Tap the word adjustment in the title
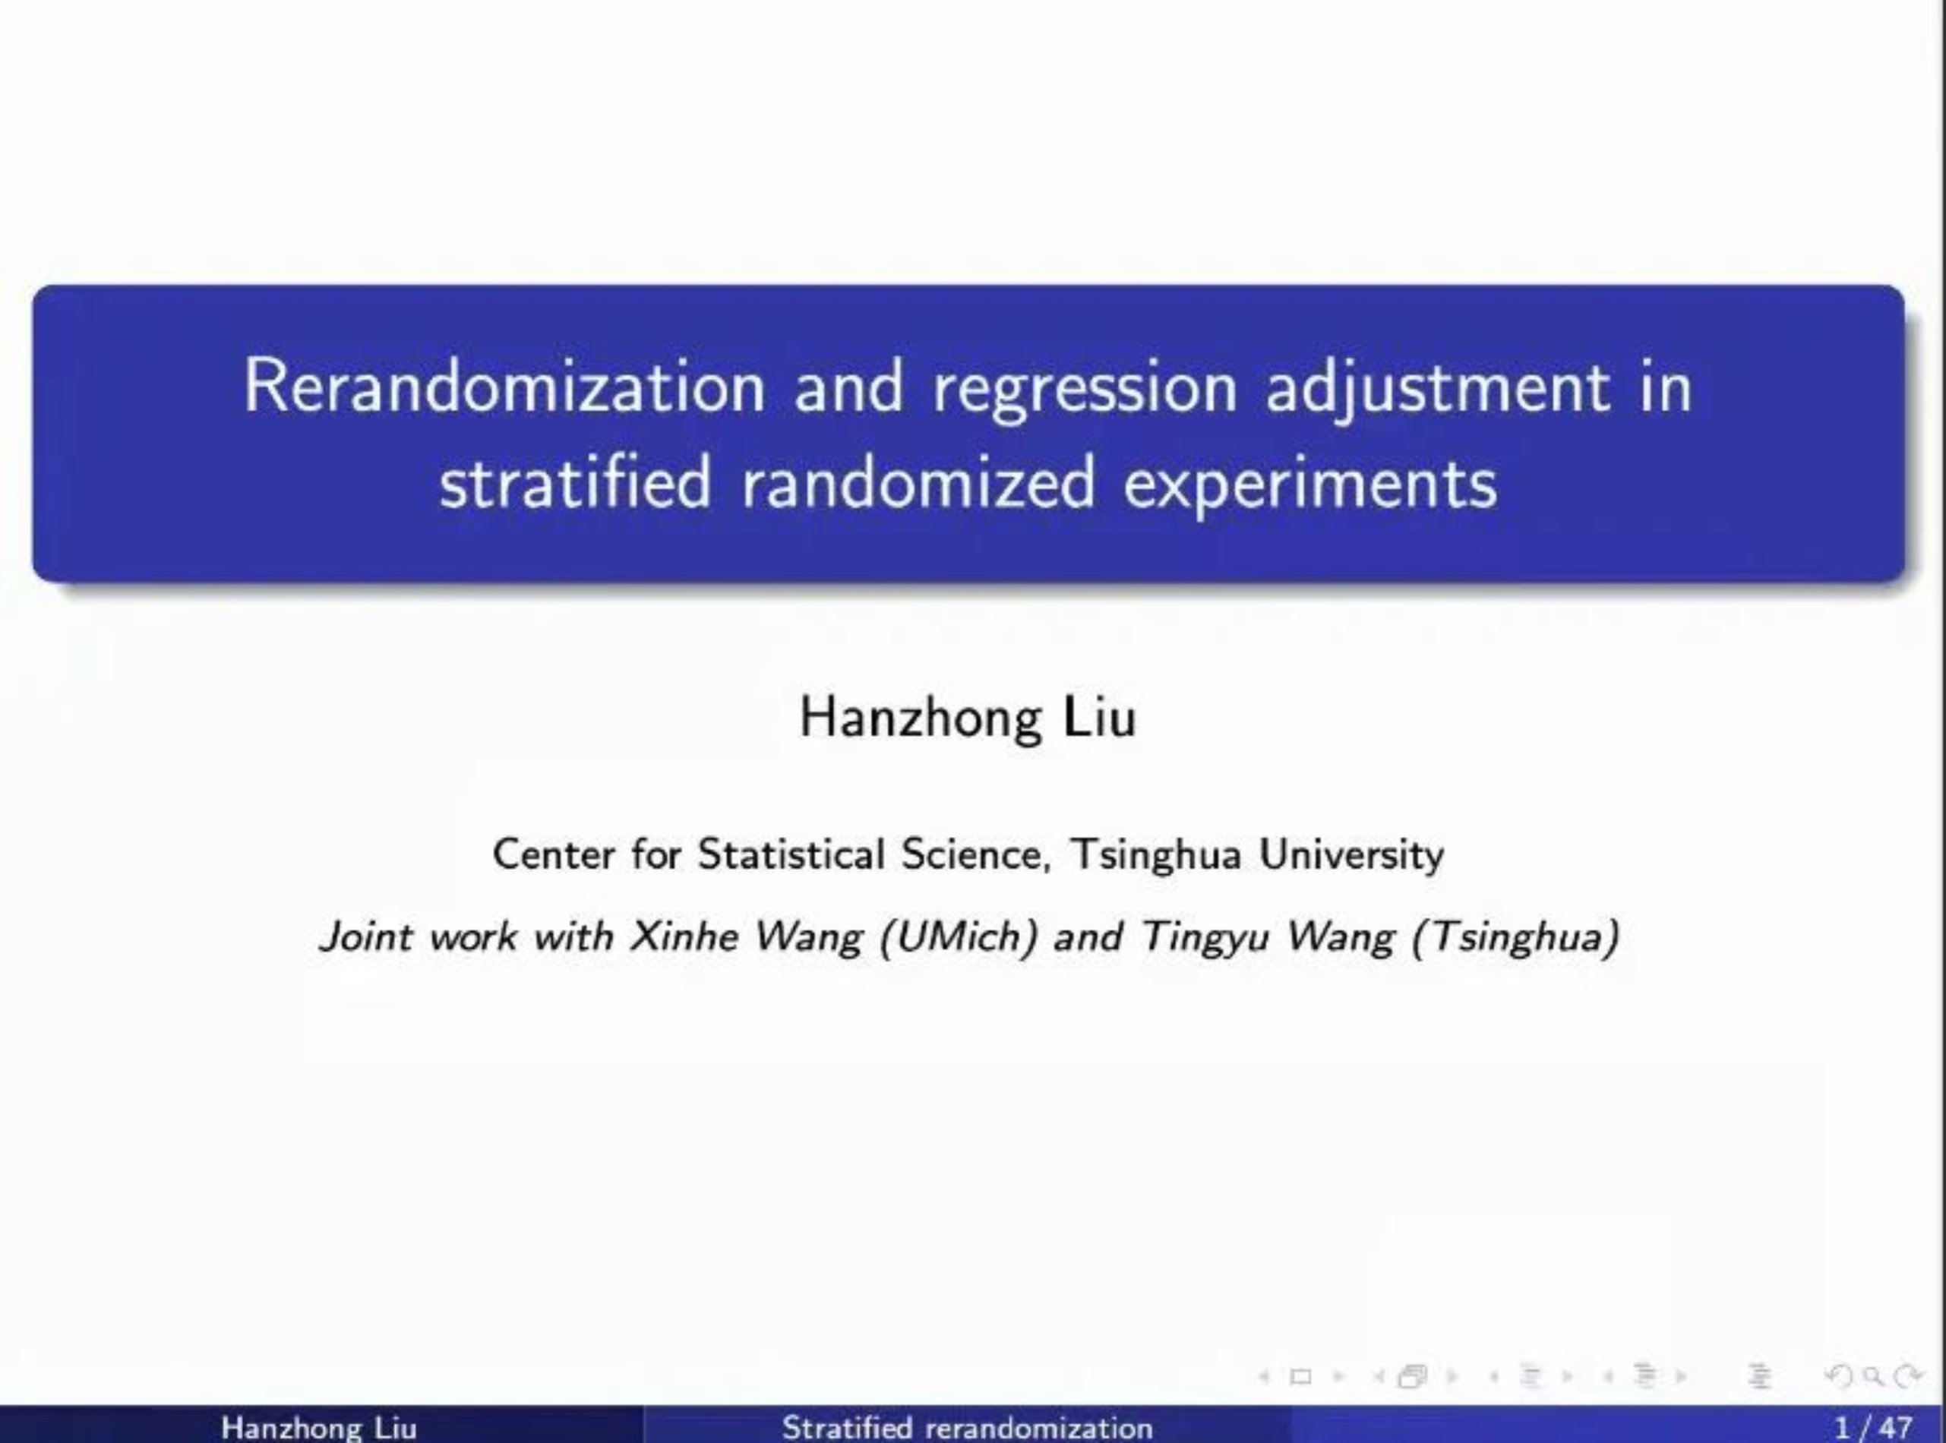pyautogui.click(x=1437, y=390)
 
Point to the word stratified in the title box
pyautogui.click(x=575, y=483)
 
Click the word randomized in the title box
pyautogui.click(x=917, y=483)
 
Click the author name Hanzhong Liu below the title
pyautogui.click(x=968, y=718)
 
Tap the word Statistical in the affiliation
pyautogui.click(x=791, y=854)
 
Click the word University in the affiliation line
pyautogui.click(x=1351, y=855)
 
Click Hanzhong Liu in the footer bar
pyautogui.click(x=319, y=1427)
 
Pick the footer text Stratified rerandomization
pyautogui.click(x=967, y=1427)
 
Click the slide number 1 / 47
pyautogui.click(x=1875, y=1427)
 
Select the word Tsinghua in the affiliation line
pyautogui.click(x=1155, y=855)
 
